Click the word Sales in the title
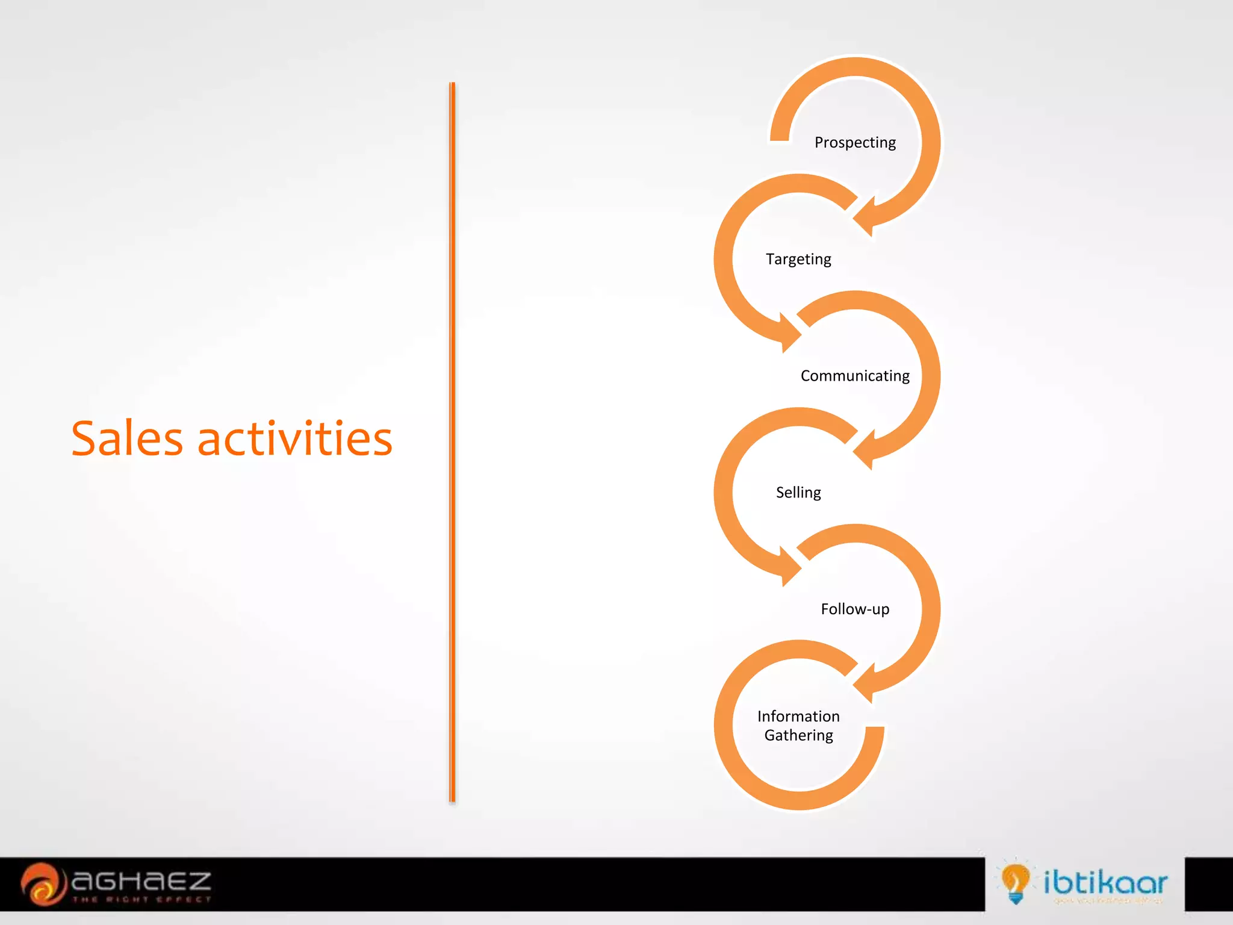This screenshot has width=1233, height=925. pos(127,438)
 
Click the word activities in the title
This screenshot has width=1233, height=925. pos(295,438)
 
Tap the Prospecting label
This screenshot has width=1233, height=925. pos(855,143)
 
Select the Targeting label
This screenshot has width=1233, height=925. pos(798,259)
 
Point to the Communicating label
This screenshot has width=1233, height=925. pos(855,376)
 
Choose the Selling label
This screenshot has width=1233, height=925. pos(798,493)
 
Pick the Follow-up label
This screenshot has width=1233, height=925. pos(855,609)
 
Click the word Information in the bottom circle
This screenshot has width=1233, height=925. pos(798,717)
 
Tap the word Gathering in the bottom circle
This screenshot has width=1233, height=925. pos(798,735)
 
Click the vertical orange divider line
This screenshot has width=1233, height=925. pos(452,443)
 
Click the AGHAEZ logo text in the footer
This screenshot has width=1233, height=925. pos(141,881)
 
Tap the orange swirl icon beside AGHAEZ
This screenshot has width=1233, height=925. pos(42,884)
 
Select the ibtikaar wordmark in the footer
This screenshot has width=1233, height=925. pos(1105,882)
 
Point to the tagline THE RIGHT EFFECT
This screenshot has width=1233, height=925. pos(141,900)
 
